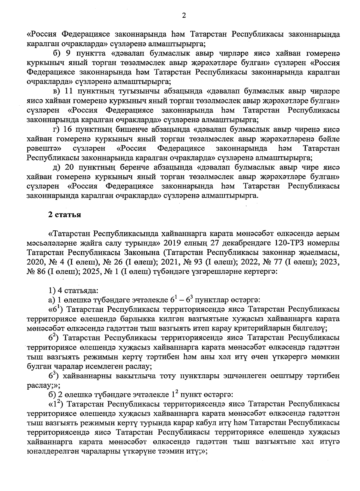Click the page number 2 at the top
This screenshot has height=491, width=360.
pos(184,15)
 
